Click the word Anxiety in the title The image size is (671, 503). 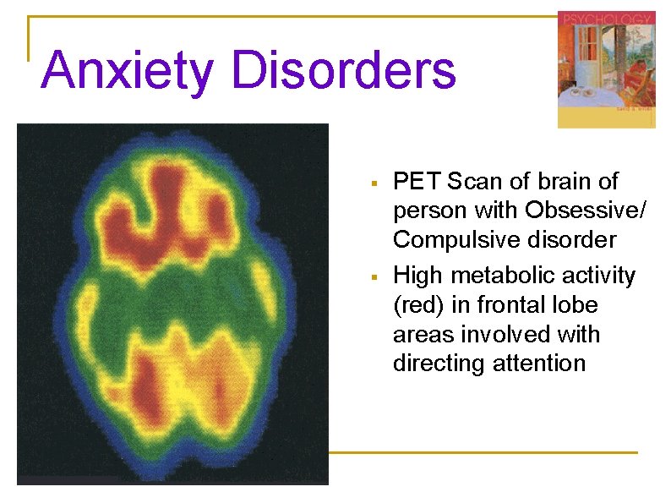tap(127, 70)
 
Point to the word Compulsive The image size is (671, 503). tap(454, 239)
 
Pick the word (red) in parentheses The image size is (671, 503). tap(417, 304)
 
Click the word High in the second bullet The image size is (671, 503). tap(419, 276)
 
